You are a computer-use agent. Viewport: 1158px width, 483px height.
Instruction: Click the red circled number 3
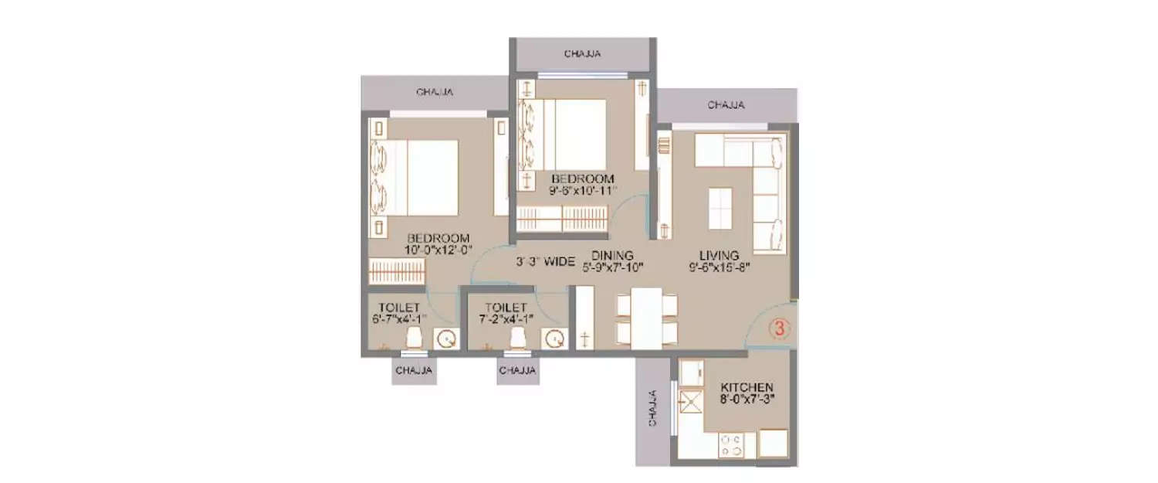(x=780, y=328)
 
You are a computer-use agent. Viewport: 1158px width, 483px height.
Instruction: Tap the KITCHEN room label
(x=746, y=386)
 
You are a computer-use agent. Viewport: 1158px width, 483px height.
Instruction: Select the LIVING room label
(x=720, y=255)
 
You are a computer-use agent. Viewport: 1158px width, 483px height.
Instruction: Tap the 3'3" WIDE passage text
(x=546, y=262)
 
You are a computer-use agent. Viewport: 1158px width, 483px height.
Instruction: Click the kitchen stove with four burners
(x=732, y=444)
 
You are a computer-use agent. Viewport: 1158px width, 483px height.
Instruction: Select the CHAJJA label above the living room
(x=726, y=104)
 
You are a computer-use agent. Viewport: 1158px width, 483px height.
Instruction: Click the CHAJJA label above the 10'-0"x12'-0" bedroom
(x=435, y=92)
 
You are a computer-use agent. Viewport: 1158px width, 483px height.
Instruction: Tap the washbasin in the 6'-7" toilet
(x=445, y=338)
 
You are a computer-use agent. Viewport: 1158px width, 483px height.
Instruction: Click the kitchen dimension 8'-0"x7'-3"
(x=746, y=399)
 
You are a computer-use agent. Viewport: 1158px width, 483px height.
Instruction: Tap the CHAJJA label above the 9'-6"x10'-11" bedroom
(x=582, y=54)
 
